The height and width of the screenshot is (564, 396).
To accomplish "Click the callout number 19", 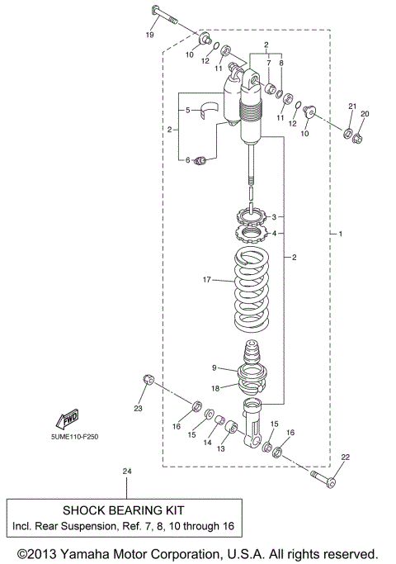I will coord(150,36).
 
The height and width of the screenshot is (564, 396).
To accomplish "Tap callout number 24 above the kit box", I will coord(126,472).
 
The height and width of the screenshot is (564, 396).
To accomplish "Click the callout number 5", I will coord(186,109).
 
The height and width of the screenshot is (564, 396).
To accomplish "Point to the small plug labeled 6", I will coord(199,160).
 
